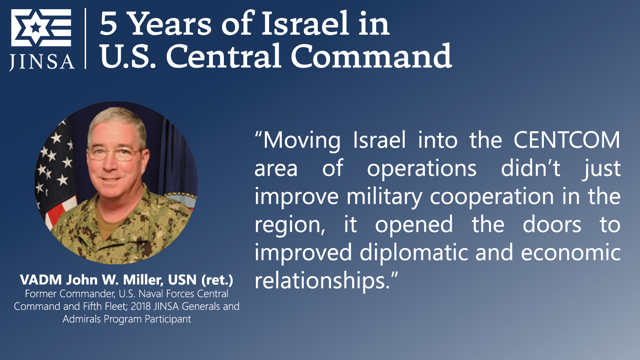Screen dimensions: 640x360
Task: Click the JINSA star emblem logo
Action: (x=41, y=28)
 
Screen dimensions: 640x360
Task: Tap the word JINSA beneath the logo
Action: (x=42, y=61)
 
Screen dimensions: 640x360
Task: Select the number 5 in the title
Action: (x=108, y=25)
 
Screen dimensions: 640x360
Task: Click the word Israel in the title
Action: (x=305, y=23)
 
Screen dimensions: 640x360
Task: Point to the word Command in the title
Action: (x=371, y=56)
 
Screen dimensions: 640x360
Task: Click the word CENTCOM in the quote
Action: (x=567, y=140)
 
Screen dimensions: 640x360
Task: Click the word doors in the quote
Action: (x=552, y=224)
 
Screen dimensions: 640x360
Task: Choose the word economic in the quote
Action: (x=571, y=252)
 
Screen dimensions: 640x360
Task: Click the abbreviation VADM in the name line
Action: (x=41, y=280)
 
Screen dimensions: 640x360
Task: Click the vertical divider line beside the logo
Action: (x=86, y=38)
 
